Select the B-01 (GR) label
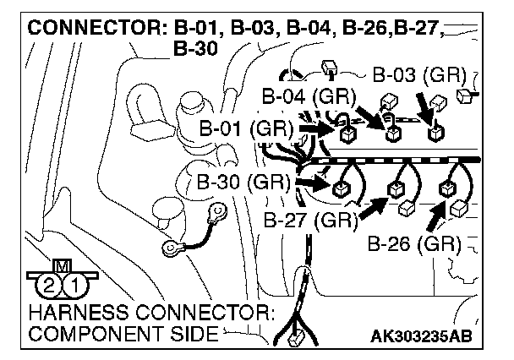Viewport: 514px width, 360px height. [x=246, y=129]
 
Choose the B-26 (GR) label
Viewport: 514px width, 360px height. [x=414, y=246]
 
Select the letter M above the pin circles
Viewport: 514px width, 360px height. [x=62, y=268]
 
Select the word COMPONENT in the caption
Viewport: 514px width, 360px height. [x=93, y=334]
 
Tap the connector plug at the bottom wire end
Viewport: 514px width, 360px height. [x=296, y=342]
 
